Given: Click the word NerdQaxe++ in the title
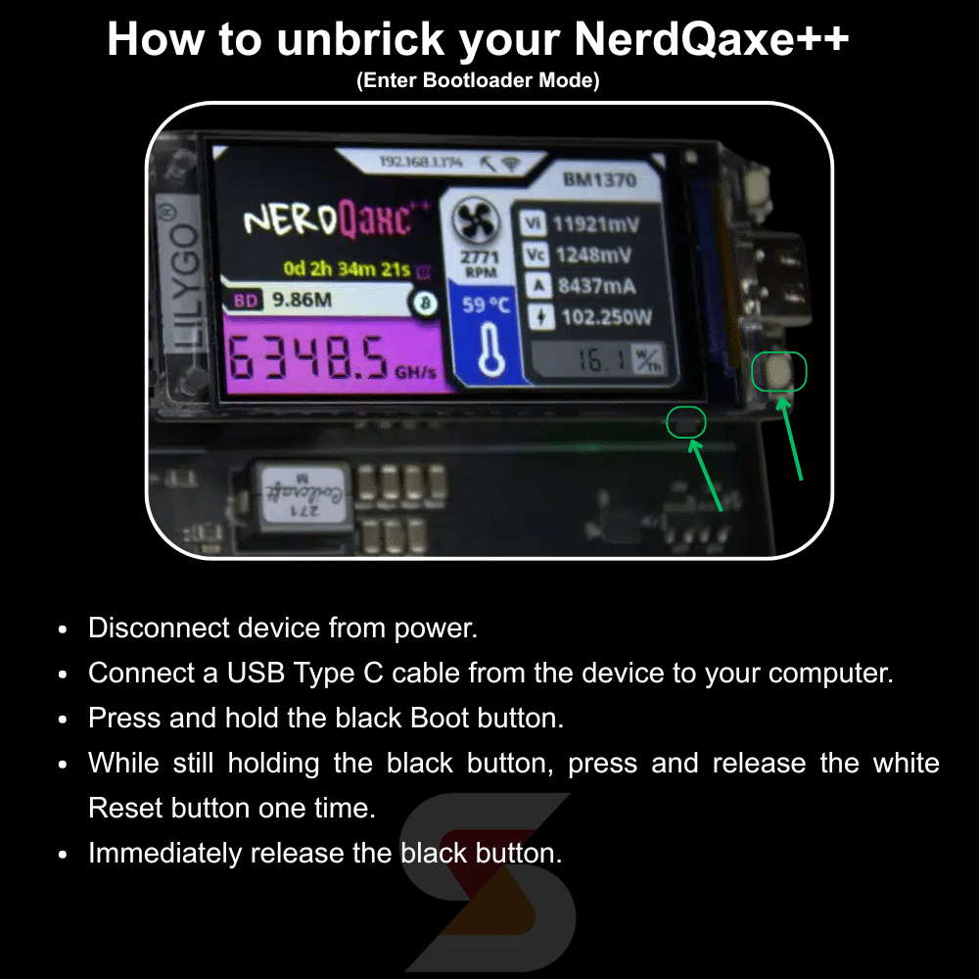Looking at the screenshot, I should point(712,39).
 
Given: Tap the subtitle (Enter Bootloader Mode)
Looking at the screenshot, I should point(478,81).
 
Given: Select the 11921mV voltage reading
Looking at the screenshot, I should point(595,224).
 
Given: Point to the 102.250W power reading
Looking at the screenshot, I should point(606,317).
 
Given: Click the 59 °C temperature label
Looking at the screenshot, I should point(487,305).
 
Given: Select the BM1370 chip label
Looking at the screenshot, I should point(599,180).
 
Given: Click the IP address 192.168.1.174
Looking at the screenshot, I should point(421,162).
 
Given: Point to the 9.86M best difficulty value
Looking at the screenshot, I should point(302,301).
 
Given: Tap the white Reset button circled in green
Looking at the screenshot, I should point(779,372).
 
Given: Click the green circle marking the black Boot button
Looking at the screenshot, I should point(685,422).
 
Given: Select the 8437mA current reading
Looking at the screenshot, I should point(595,286).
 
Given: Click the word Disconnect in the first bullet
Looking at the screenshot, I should point(157,629).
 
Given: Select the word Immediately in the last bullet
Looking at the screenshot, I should point(165,854).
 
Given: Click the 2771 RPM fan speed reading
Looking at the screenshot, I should point(479,264).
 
